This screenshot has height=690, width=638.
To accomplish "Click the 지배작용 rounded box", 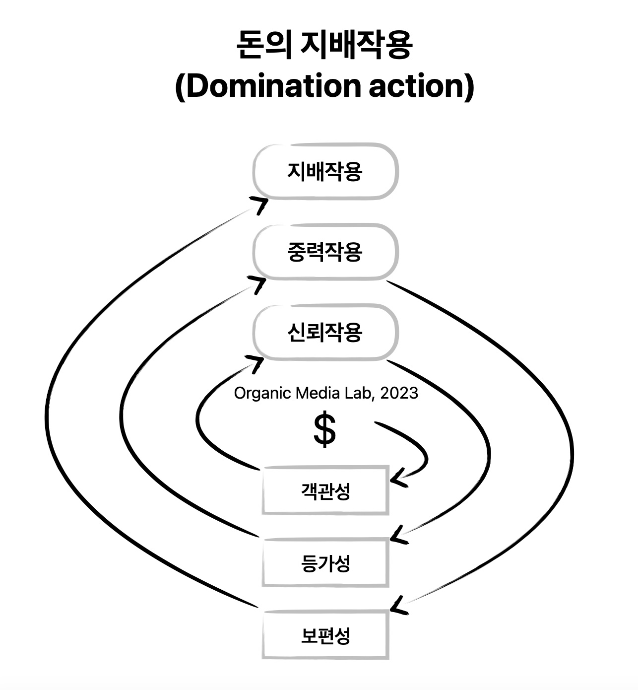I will coord(325,172).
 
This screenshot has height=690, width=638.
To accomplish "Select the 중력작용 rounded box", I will coord(325,252).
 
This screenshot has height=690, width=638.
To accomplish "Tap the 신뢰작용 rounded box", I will coord(325,332).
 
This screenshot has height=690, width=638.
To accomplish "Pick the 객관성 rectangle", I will coord(325,491).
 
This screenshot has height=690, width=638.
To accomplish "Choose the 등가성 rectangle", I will coord(325,563).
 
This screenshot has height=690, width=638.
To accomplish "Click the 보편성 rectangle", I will coord(325,635).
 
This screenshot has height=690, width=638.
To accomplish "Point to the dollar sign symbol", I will coord(325,430).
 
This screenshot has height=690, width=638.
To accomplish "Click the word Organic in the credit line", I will coord(262,394).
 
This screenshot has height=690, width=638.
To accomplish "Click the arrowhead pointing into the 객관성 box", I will coord(398,480).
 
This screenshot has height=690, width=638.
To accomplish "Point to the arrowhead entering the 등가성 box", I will coord(398,537).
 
